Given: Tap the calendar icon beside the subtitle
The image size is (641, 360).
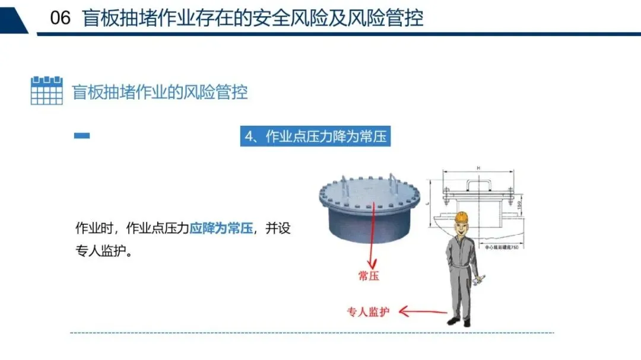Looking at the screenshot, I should click(x=46, y=90).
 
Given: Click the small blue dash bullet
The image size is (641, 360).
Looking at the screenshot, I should click(x=82, y=136).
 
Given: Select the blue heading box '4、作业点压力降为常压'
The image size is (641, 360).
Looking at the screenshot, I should click(x=316, y=136).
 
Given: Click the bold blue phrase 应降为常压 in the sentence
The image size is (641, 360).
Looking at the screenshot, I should click(x=221, y=228).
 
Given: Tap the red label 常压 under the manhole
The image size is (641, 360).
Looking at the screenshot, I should click(x=369, y=276).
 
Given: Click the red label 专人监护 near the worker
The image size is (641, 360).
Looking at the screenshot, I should click(x=368, y=312).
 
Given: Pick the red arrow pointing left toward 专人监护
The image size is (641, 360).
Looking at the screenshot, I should click(x=423, y=310).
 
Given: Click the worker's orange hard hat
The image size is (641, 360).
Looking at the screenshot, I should click(x=462, y=217).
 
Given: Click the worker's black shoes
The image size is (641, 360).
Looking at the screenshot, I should click(x=459, y=321).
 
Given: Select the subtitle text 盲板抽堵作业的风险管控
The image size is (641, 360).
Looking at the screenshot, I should click(x=160, y=92).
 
